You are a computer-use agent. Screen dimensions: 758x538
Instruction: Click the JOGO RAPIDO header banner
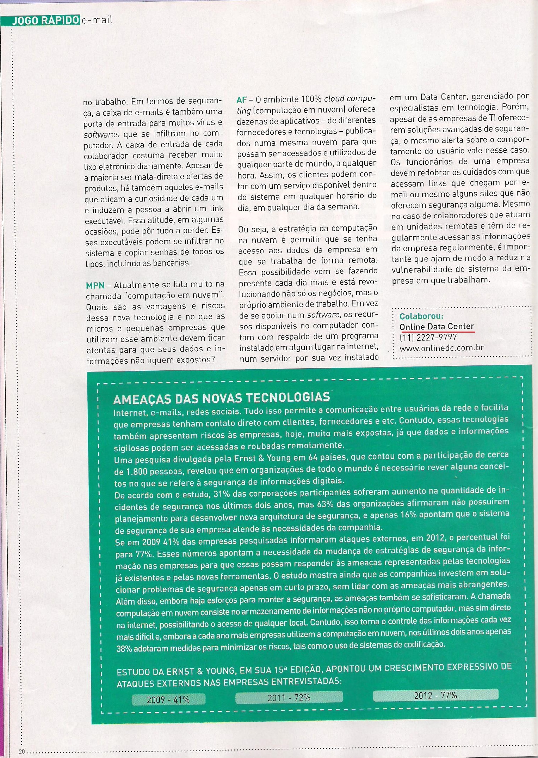coord(45,20)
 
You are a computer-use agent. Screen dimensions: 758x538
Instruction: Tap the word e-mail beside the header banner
coord(97,20)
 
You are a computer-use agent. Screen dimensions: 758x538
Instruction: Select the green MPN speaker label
coord(95,285)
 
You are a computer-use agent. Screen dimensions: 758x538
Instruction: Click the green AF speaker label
coord(242,100)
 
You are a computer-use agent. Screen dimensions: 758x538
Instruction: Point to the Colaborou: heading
coord(421,316)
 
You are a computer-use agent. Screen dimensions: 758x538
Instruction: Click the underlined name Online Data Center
coord(437,327)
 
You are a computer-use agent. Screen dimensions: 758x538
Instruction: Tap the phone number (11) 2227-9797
coord(428,337)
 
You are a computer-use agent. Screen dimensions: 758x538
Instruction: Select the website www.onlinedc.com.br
coord(441,348)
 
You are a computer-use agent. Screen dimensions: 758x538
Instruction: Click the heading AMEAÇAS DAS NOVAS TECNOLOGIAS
coord(221,398)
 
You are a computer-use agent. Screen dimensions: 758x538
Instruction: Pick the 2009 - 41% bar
coord(168,699)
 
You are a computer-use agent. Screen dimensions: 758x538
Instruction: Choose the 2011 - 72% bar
coord(289,697)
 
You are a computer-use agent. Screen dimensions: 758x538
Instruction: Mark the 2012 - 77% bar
coord(435,695)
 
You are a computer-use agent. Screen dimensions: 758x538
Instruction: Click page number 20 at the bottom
coord(22,752)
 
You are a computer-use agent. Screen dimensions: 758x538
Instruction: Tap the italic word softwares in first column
coord(101,134)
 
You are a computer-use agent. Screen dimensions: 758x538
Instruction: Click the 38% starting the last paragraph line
coord(124,648)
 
